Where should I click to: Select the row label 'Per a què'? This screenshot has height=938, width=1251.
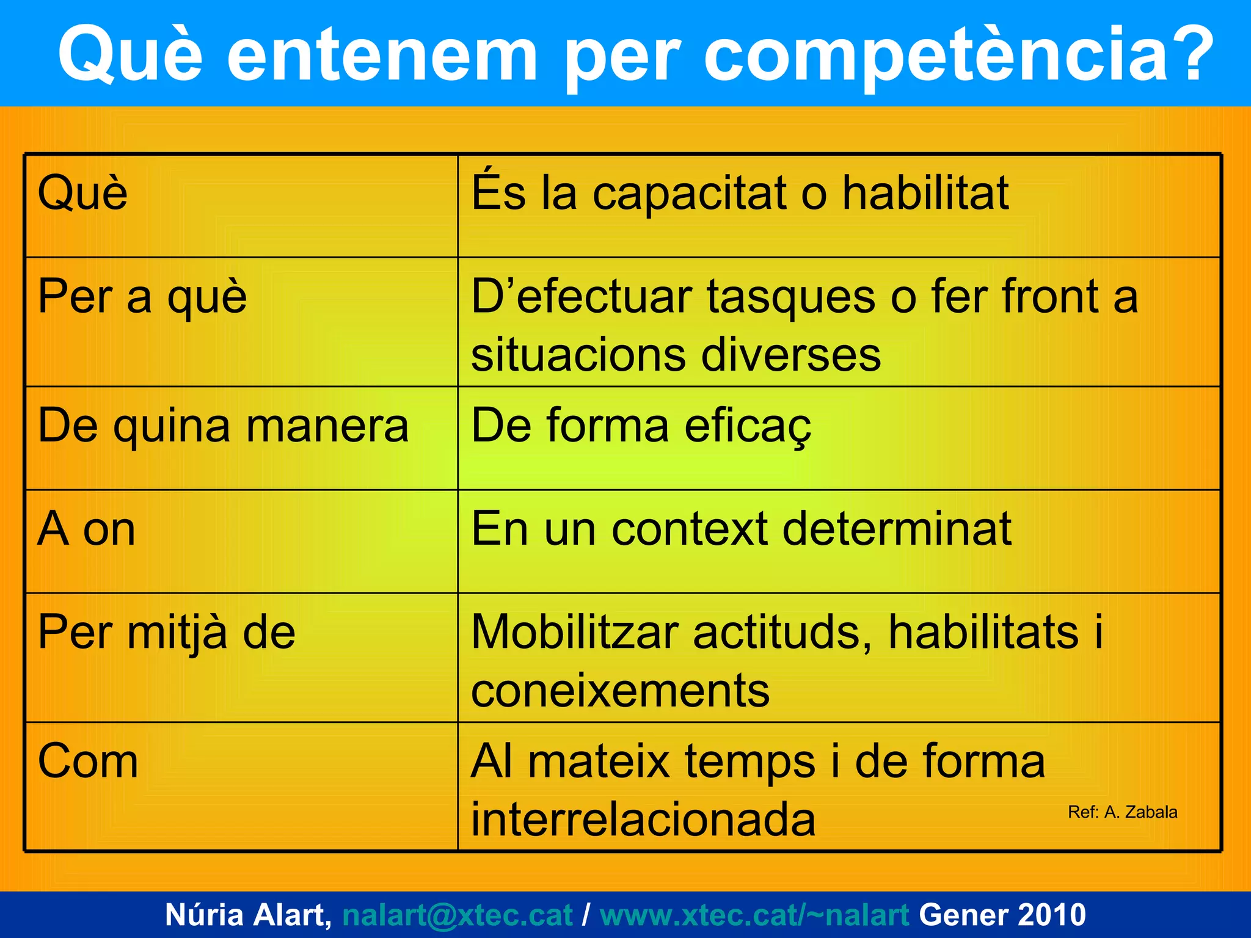pos(142,297)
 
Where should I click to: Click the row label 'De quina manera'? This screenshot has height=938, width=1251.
pos(223,426)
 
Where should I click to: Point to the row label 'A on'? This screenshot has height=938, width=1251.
pos(86,529)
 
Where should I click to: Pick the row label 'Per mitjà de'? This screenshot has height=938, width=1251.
pos(167,633)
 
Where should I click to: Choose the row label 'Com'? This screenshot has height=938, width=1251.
pos(88,762)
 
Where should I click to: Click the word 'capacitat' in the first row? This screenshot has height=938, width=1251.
pos(690,194)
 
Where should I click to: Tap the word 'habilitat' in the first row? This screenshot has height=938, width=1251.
pos(925,194)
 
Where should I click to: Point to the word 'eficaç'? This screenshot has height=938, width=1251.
pos(748,426)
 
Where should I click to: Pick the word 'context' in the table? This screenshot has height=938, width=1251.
pos(690,529)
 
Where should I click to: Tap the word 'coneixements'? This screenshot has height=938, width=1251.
pos(620,691)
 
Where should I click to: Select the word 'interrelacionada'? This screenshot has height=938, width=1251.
pos(643,820)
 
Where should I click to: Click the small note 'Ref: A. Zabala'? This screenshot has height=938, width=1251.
pos(1122,812)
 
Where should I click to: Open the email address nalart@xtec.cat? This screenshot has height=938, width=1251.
pos(458,915)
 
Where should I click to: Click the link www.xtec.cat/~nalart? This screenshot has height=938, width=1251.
pos(754,915)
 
